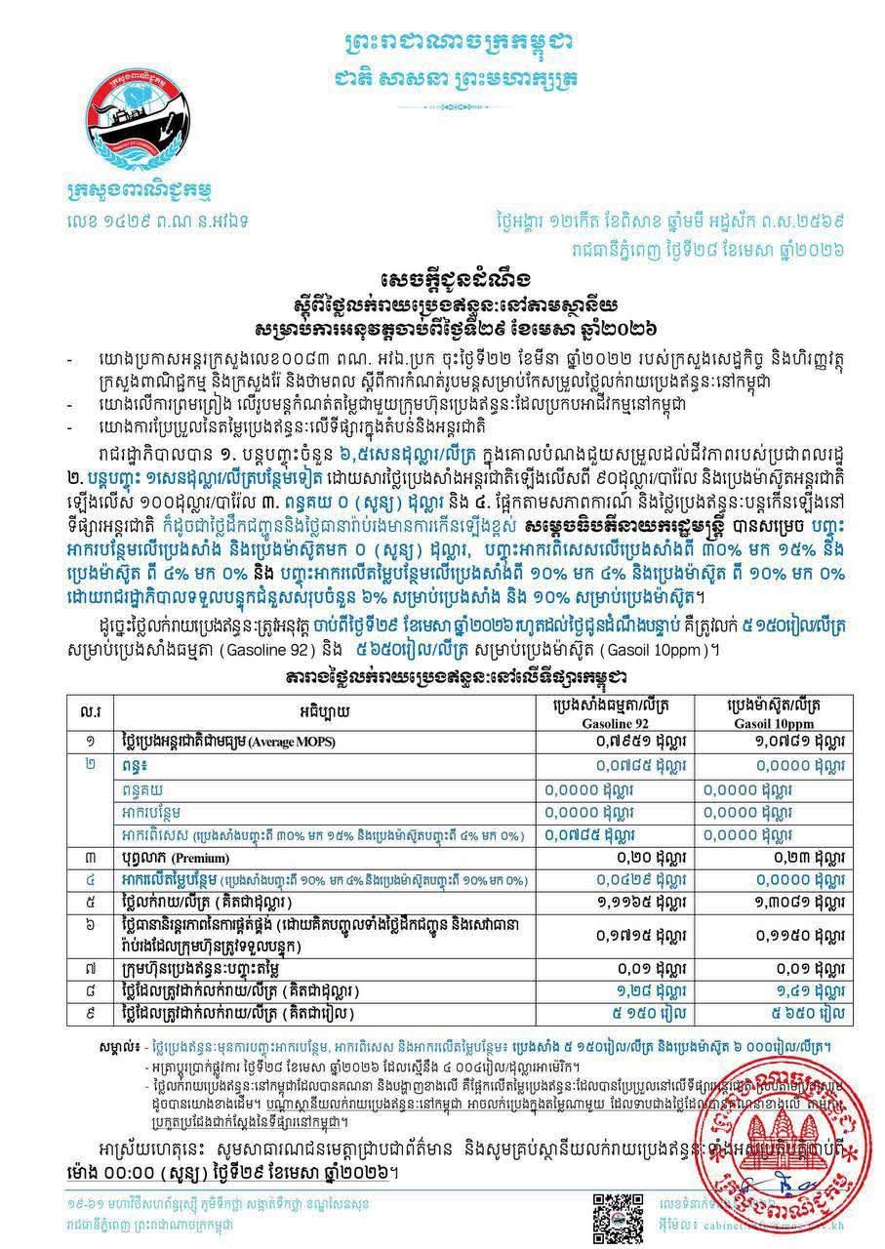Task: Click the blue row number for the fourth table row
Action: click(x=90, y=879)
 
